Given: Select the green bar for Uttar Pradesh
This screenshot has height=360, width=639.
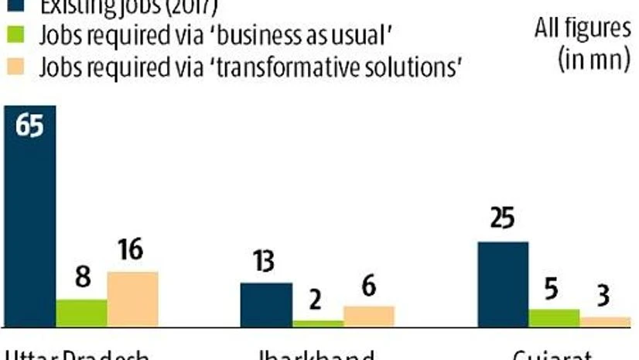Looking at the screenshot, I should (81, 312).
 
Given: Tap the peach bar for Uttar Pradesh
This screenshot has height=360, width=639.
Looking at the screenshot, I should (132, 299).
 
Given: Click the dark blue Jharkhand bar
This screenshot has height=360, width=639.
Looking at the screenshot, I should (266, 304).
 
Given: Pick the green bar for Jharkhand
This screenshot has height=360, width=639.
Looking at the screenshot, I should (318, 323).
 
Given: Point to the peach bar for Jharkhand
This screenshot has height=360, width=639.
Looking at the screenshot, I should (369, 316).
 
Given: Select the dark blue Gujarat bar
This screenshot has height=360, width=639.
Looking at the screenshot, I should (502, 283).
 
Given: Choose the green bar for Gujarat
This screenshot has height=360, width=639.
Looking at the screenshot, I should (554, 317).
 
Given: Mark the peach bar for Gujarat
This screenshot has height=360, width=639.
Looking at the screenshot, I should (605, 321).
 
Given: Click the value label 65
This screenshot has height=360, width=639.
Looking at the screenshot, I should (29, 125).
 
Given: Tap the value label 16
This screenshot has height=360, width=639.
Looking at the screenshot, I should (132, 253).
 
